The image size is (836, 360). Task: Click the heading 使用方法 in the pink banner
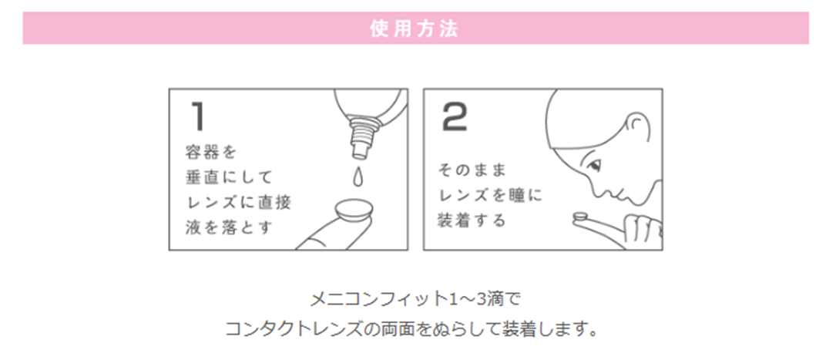[x=415, y=29]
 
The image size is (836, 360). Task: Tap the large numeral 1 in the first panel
[x=196, y=116]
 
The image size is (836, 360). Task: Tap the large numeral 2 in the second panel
[x=455, y=116]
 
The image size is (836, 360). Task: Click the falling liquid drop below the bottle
[x=356, y=177]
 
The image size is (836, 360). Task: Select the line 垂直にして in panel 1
[x=230, y=177]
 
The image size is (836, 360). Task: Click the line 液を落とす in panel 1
[x=230, y=228]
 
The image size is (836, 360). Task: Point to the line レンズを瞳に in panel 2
[x=490, y=196]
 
